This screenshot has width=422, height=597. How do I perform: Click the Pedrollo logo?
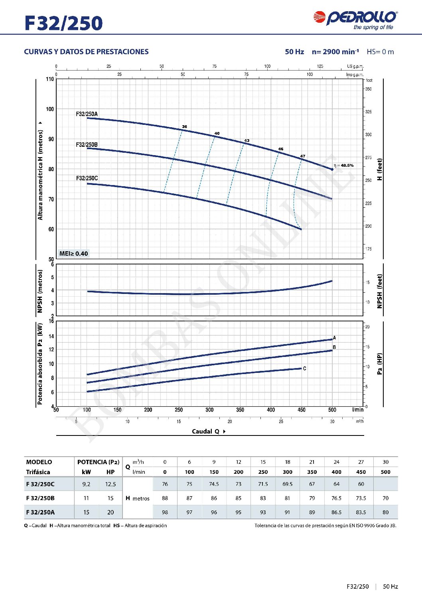click(355, 20)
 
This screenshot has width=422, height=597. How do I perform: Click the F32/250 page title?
click(63, 23)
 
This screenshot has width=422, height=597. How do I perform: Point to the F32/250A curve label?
click(87, 114)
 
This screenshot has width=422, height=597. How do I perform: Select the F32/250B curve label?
click(87, 145)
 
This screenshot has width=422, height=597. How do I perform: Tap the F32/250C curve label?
click(87, 178)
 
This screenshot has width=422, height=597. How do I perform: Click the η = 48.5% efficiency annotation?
click(343, 165)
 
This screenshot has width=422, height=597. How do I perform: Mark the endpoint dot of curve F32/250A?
click(332, 169)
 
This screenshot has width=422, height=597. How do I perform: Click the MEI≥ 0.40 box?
click(73, 254)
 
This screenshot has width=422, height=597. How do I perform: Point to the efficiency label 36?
click(184, 127)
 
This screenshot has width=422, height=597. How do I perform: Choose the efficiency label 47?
click(303, 156)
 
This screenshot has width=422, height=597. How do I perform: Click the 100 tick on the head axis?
click(50, 109)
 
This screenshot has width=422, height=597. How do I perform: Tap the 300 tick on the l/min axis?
click(209, 410)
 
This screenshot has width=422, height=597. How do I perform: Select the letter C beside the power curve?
click(304, 368)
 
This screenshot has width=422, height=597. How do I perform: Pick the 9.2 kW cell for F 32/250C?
click(86, 484)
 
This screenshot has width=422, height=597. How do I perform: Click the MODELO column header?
click(39, 462)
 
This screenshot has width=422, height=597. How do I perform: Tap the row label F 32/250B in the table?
click(40, 498)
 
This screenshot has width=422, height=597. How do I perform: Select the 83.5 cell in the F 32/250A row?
click(361, 512)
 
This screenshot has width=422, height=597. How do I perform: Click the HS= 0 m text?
click(380, 52)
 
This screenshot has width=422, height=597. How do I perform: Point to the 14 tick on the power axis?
click(51, 337)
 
